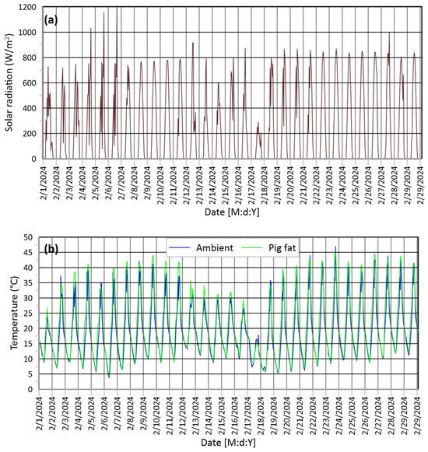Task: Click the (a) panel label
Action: tap(51, 20)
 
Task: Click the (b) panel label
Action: tap(51, 249)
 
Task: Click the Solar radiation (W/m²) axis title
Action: tap(9, 82)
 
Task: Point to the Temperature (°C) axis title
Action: tap(15, 313)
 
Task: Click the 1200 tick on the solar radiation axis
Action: tap(27, 7)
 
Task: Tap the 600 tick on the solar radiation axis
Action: tap(30, 83)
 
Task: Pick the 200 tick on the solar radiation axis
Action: tap(30, 134)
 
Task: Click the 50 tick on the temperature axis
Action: tap(28, 237)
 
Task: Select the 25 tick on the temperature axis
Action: tap(28, 314)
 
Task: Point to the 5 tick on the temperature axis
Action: tap(30, 374)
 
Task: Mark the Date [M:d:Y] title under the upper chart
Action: tap(232, 212)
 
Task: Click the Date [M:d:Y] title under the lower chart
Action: tap(228, 443)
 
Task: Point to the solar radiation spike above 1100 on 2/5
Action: tap(103, 13)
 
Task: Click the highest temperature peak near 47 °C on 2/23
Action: tap(335, 247)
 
